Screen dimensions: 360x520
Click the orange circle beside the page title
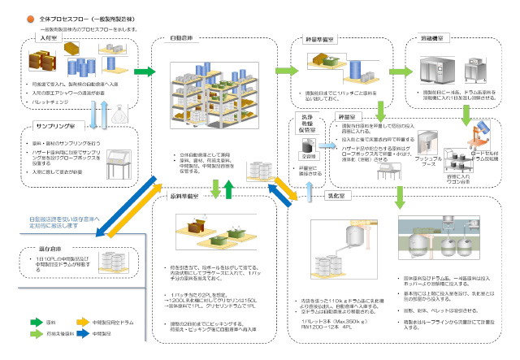[30, 18]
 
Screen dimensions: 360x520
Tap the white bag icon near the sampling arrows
[118, 114]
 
